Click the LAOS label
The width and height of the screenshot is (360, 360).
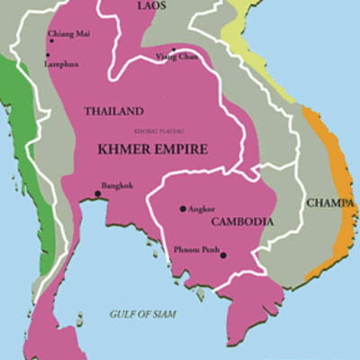(152, 6)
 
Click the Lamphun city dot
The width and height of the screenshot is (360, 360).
(48, 55)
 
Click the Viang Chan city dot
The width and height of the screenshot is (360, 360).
(173, 49)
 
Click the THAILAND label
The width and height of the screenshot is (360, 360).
(113, 111)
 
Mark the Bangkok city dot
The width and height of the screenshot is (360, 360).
(96, 193)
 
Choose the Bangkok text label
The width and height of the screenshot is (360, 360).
(118, 186)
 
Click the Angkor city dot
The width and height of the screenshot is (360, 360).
(183, 209)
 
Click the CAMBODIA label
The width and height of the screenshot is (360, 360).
(242, 221)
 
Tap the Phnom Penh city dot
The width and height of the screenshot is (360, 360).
(223, 255)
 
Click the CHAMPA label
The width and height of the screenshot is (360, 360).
(328, 203)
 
